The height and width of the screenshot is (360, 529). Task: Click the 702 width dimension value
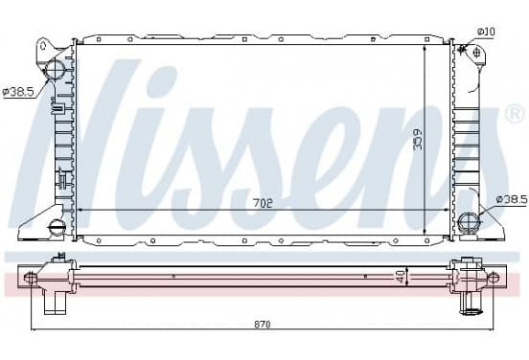[263, 203]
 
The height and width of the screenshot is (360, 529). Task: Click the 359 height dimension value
[418, 139]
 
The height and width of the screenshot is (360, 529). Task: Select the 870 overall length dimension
[263, 325]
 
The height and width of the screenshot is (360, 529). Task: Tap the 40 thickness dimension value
[401, 277]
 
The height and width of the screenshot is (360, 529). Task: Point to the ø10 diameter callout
[486, 32]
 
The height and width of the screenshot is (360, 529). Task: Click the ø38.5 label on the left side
[18, 92]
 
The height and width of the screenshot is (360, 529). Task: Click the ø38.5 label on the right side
[512, 200]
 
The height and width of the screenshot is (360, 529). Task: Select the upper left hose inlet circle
[55, 69]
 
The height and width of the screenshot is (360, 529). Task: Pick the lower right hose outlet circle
[469, 221]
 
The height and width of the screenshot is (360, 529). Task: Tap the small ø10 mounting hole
[476, 53]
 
